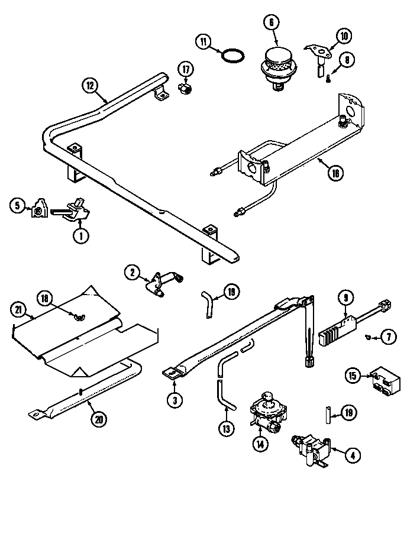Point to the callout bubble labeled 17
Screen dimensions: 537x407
pyautogui.click(x=186, y=70)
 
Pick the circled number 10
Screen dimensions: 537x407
pyautogui.click(x=343, y=37)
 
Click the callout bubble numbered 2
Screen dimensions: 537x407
pyautogui.click(x=133, y=272)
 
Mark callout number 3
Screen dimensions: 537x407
pyautogui.click(x=173, y=400)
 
